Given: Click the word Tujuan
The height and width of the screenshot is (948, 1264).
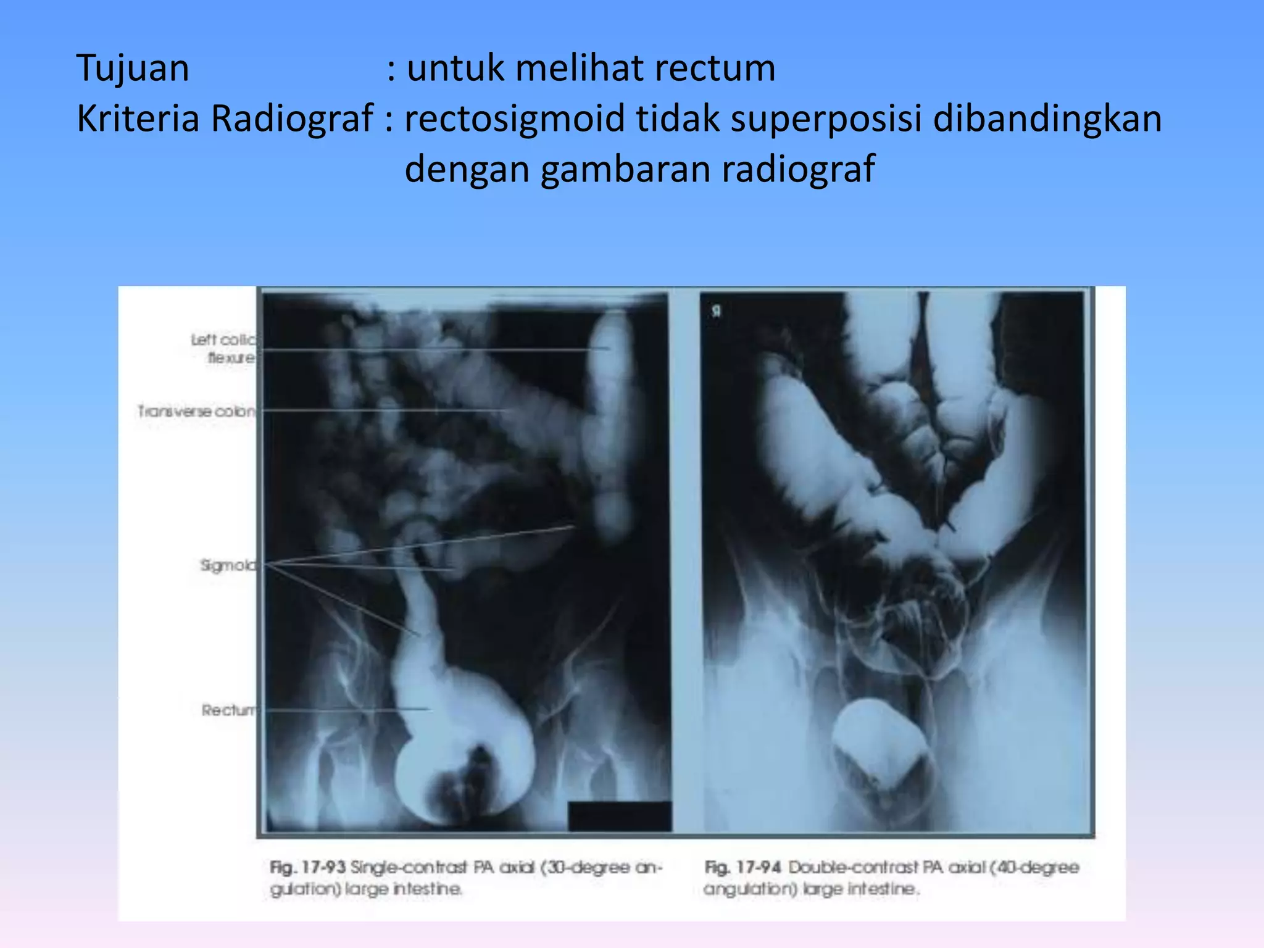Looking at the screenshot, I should [x=133, y=68].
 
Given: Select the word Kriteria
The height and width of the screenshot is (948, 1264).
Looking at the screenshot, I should [x=138, y=118].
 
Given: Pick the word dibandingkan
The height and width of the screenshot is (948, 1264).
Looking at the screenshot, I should [x=1047, y=118].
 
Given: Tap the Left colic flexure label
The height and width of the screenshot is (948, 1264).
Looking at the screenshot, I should [x=223, y=349].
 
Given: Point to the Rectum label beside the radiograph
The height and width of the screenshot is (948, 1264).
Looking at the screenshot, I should [x=228, y=710].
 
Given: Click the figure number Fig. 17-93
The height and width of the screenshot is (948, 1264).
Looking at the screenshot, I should [x=307, y=868].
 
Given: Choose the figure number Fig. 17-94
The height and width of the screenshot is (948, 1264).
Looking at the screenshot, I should [x=743, y=868].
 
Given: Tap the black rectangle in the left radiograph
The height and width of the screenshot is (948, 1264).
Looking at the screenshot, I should [x=619, y=816].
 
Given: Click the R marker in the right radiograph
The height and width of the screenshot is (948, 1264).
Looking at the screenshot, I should [x=716, y=312].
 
